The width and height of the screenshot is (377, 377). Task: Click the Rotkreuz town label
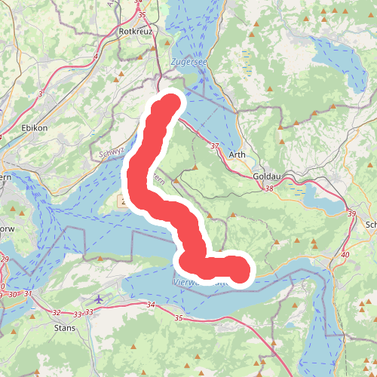coord(136,32)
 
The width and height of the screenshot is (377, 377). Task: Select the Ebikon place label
coord(35,128)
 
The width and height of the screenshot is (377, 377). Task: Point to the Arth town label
coord(236,156)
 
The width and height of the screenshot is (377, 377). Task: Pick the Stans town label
coord(66,328)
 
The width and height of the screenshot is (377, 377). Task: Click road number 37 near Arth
coord(215,146)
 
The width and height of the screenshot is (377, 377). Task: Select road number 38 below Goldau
coord(269,188)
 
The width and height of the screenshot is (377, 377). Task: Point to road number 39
coord(351,215)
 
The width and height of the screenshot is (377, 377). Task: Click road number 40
coord(345,255)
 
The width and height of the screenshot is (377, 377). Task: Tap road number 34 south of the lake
coord(151,305)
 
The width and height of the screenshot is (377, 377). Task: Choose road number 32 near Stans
coord(57,312)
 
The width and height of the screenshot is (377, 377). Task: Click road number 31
coord(29,294)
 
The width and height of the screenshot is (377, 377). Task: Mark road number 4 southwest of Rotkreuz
coord(96,57)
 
